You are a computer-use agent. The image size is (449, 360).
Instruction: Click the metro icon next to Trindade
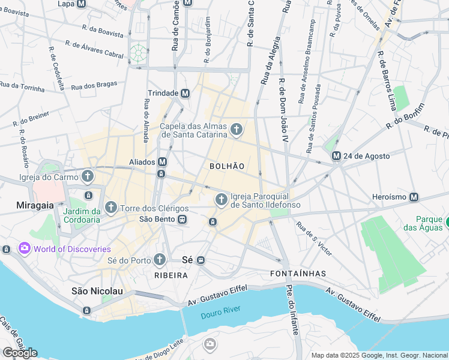click(185, 93)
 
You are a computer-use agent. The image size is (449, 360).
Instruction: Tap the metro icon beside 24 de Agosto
click(337, 156)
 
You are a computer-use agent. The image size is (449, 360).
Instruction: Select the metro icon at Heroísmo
click(414, 197)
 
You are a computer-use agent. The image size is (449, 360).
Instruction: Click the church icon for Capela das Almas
click(237, 129)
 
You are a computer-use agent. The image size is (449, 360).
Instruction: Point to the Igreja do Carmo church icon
click(88, 176)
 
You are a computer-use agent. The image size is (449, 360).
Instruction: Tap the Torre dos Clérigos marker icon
click(110, 208)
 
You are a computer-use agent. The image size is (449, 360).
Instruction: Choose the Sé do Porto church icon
click(159, 259)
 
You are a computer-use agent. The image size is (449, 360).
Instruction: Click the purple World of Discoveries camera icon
click(25, 248)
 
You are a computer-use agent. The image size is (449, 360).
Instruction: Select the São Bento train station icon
click(181, 220)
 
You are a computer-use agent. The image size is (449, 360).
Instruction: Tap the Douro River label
click(220, 310)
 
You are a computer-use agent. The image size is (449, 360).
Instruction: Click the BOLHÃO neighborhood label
click(227, 166)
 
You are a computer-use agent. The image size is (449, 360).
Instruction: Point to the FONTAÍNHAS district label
click(294, 274)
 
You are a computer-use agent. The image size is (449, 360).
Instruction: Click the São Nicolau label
click(97, 291)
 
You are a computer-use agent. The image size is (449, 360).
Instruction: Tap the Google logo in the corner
click(20, 353)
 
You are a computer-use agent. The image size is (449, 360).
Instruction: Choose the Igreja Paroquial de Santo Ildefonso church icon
click(221, 199)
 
